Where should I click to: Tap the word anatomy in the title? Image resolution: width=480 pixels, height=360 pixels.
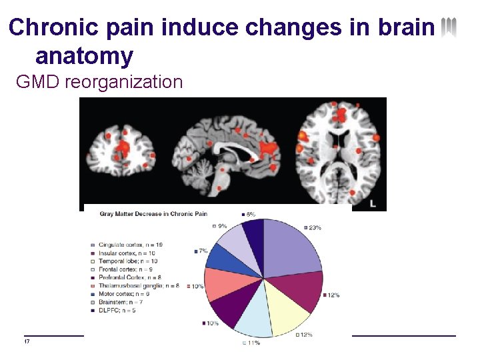[x=85, y=55]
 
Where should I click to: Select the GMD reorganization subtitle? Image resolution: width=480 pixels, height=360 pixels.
[x=99, y=83]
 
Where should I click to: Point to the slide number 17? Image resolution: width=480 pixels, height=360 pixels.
[x=27, y=342]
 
